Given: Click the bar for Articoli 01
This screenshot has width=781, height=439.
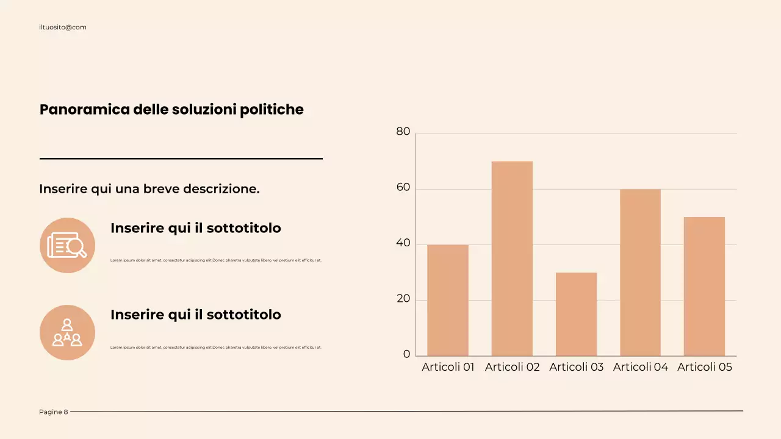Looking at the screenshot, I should click(448, 300).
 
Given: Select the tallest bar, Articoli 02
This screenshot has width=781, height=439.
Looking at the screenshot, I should click(512, 259).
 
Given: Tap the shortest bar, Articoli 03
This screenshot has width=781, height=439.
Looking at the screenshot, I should click(576, 314).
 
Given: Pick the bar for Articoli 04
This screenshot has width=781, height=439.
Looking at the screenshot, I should click(640, 273).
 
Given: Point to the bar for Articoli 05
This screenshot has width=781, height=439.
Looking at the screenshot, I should click(704, 286).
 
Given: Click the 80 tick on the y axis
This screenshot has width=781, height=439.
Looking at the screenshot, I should click(403, 132).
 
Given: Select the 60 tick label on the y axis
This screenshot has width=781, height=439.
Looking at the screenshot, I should click(403, 188).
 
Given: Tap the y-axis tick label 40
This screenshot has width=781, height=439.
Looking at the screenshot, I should click(403, 243).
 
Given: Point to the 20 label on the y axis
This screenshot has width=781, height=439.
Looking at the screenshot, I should click(403, 299).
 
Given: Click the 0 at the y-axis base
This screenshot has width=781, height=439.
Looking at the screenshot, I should click(406, 355).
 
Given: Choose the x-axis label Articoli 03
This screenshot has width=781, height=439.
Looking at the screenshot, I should click(576, 367).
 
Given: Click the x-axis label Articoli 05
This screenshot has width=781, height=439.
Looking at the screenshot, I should click(704, 367).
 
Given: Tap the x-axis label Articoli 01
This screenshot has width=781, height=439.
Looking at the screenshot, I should click(448, 367).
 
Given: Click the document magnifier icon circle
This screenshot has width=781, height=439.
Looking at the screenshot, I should click(67, 245).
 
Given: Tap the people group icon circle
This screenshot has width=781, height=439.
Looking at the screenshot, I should click(67, 332).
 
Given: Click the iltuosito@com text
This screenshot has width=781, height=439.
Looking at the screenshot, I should click(63, 27).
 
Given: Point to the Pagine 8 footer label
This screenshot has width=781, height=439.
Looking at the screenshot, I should click(54, 412).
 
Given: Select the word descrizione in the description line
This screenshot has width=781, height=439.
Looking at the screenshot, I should click(221, 189).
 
